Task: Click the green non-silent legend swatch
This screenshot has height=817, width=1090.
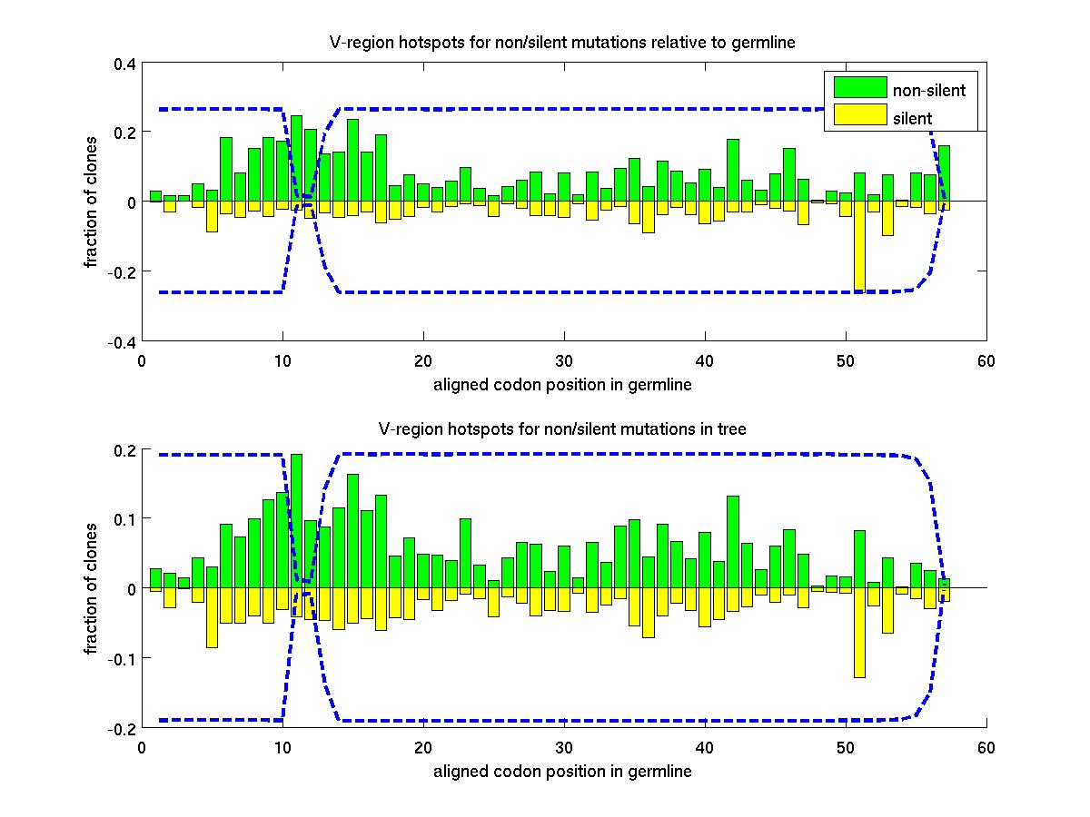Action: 859,87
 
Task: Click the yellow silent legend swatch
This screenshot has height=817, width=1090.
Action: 859,114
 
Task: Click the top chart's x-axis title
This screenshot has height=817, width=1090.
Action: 562,384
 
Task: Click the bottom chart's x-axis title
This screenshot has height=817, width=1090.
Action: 562,772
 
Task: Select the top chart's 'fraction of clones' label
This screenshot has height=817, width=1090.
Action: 93,202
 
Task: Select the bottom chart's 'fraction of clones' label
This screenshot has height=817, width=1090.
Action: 93,588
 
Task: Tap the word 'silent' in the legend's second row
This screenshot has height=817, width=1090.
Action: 913,117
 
